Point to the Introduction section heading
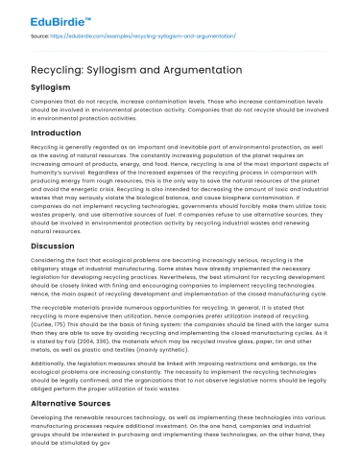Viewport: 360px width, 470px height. tap(62, 131)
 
